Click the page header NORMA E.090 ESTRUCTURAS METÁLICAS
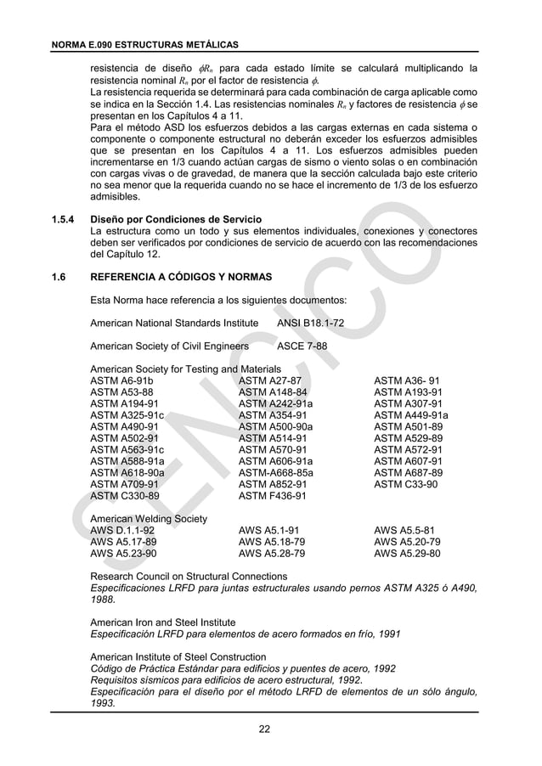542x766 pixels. (x=144, y=43)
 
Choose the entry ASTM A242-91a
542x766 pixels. (x=275, y=404)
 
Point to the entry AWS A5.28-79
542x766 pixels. (x=272, y=552)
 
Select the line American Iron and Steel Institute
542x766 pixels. (x=163, y=622)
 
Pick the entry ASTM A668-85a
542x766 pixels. (x=276, y=473)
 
